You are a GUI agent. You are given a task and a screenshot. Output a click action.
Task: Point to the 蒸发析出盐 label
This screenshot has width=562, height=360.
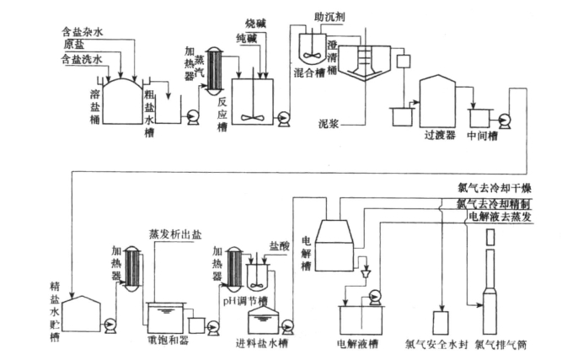pos(174,234)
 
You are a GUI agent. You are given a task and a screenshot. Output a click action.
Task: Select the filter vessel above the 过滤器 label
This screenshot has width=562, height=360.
pos(437,99)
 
